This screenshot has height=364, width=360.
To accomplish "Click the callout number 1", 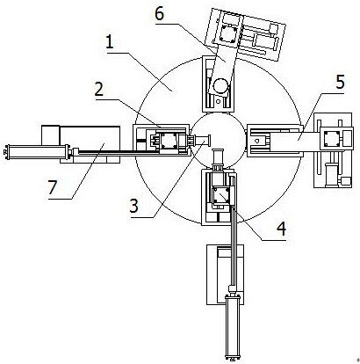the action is click(x=110, y=43).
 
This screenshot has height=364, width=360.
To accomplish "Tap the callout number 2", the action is click(x=99, y=90).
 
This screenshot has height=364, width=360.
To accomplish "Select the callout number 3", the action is click(x=133, y=206).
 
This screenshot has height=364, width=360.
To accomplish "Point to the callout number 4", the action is click(x=281, y=229).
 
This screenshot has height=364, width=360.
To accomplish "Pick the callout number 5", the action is click(x=340, y=83).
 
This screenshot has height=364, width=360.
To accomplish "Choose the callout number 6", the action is click(x=160, y=14).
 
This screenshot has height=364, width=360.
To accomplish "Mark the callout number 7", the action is click(x=52, y=187).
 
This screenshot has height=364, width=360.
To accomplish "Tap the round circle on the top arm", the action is click(x=221, y=86).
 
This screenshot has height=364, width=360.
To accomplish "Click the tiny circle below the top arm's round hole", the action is click(x=218, y=101).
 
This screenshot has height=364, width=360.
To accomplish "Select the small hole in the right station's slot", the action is click(x=257, y=141).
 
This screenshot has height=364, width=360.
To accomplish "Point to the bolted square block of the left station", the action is click(x=168, y=140).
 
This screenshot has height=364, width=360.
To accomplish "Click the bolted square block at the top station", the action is click(x=227, y=33).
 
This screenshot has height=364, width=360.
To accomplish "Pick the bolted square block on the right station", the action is click(x=332, y=138).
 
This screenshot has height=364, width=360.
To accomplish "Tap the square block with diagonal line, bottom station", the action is click(x=221, y=196).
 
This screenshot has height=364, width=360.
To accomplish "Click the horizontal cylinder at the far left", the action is click(x=37, y=152).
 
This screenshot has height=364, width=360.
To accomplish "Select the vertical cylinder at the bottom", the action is click(x=233, y=327).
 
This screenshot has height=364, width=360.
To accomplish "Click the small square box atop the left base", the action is click(x=51, y=135).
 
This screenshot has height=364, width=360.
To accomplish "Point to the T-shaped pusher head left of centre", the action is click(x=204, y=142).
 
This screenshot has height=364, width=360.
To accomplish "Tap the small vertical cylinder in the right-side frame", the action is click(x=331, y=173).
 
